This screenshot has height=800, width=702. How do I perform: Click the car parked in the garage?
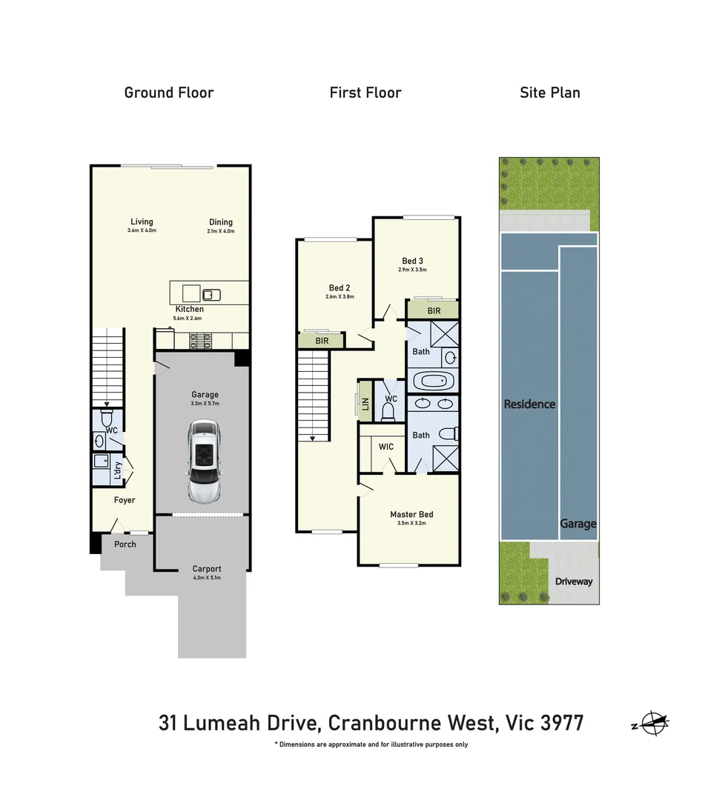203,461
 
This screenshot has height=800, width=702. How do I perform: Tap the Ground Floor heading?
169,93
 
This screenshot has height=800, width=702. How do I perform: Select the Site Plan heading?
550,93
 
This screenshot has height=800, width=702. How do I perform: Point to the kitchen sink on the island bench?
213,294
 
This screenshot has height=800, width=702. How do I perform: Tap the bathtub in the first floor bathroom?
431,381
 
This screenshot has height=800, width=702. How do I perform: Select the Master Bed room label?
411,514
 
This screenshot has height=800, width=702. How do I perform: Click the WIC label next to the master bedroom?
385,447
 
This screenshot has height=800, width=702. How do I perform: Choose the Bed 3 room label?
413,261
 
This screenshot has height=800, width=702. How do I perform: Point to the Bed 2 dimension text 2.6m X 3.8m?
340,296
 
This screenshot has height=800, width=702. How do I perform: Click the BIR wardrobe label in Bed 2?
322,341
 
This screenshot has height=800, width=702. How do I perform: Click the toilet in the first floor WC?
388,410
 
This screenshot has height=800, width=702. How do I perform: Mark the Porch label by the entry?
125,544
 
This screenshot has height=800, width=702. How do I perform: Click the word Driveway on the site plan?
574,581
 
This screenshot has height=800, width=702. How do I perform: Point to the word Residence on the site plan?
529,404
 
